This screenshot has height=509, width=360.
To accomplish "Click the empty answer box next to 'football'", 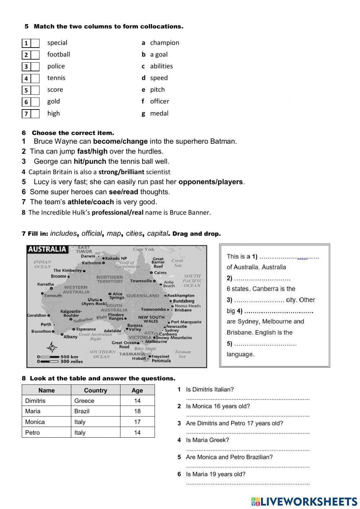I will click(35, 55).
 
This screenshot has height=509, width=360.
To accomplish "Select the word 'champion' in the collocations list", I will click(165, 43).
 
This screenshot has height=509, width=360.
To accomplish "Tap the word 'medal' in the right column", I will click(159, 113).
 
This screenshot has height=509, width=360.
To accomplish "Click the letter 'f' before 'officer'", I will click(143, 102).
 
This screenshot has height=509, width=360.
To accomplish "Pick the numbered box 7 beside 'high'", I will click(26, 114).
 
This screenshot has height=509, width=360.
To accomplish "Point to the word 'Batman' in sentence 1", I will click(224, 141).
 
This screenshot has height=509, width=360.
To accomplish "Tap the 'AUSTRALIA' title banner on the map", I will click(47, 249).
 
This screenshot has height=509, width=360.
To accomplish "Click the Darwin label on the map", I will click(88, 256).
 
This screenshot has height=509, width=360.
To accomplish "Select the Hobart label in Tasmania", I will click(139, 358).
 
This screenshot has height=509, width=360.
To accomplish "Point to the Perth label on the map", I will click(46, 324).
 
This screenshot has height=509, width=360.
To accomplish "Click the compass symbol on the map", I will click(52, 348).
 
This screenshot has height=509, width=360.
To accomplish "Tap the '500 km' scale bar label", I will click(69, 357).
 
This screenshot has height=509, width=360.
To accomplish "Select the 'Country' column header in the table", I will click(95, 390).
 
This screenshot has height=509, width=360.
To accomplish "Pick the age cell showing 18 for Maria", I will click(137, 411).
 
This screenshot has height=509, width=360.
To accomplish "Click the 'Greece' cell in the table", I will click(84, 401).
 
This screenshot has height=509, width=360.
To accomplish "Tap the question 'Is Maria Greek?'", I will click(207, 440).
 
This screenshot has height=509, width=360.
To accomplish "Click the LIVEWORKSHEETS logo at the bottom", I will click(304, 502).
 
